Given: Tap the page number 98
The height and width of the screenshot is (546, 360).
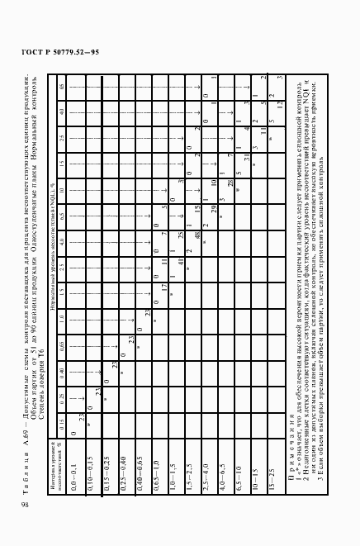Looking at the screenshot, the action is (x=25, y=503).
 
